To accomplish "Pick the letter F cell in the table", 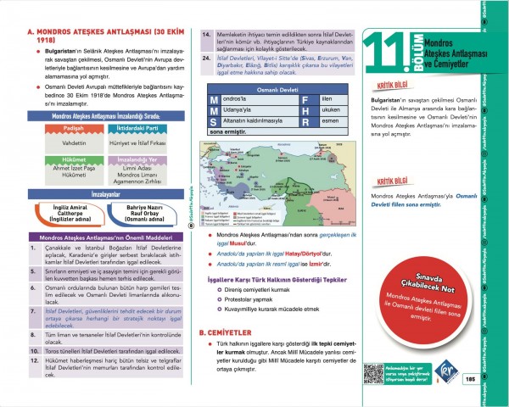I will [305, 100].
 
